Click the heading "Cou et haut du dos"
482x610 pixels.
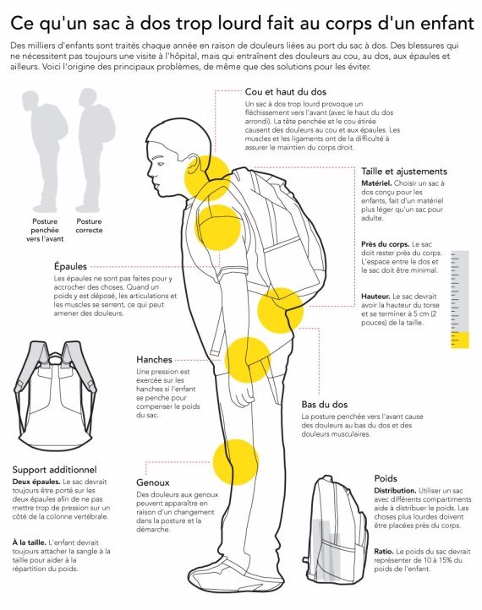(285, 92)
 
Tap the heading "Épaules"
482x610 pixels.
(70, 266)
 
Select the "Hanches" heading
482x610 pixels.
(154, 359)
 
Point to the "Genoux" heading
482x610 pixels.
(153, 482)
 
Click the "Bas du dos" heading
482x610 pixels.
(325, 404)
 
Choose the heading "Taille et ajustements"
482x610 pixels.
(404, 172)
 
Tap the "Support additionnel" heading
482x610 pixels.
(54, 470)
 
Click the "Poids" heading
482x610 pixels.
(386, 478)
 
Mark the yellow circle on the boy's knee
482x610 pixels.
(236, 462)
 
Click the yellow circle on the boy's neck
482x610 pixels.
(207, 177)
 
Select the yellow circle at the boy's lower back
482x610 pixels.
(281, 310)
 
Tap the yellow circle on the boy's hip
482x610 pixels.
(248, 360)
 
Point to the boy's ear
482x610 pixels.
(192, 167)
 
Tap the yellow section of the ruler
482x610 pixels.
(460, 340)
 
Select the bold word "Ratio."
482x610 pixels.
(384, 551)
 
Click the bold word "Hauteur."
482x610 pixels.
(375, 297)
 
